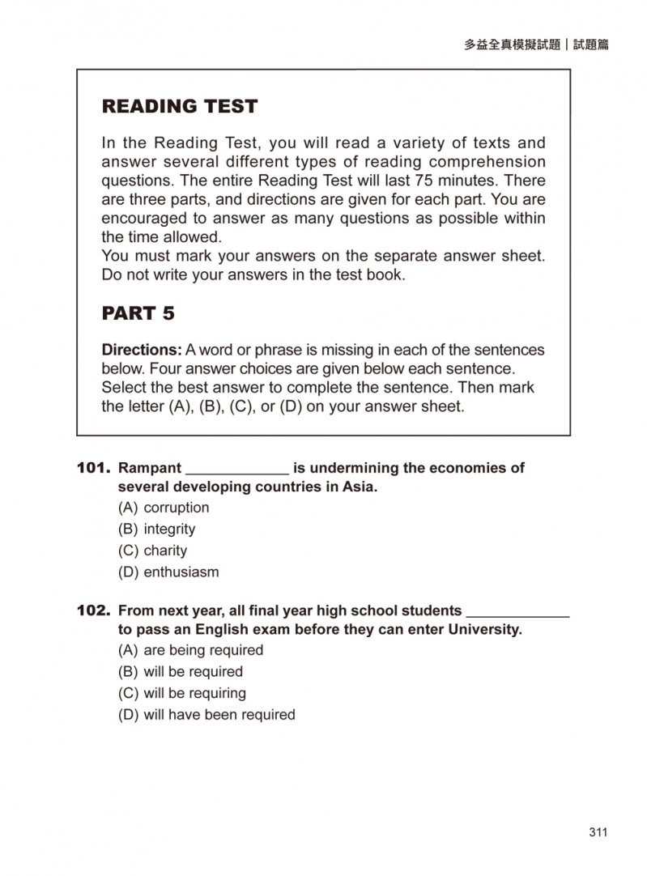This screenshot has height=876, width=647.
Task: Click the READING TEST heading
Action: [x=179, y=106]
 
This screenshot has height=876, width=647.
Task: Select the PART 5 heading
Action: [x=138, y=313]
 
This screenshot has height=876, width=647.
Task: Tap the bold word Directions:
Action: [x=142, y=351]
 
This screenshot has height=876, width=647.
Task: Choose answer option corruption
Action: [x=176, y=508]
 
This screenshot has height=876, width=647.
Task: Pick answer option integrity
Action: [x=169, y=529]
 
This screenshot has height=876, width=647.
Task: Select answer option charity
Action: [x=165, y=551]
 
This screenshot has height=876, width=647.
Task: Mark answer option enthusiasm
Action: [x=181, y=572]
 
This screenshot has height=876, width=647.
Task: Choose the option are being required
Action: [x=203, y=650]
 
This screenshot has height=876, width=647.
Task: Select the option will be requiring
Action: [x=194, y=693]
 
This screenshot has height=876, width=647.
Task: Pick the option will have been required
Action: [x=219, y=715]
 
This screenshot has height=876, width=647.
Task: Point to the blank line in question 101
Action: [x=237, y=471]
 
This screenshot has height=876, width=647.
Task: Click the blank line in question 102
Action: [x=518, y=614]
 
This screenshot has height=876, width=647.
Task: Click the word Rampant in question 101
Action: [x=150, y=468]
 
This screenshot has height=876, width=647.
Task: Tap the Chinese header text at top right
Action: [x=536, y=45]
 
